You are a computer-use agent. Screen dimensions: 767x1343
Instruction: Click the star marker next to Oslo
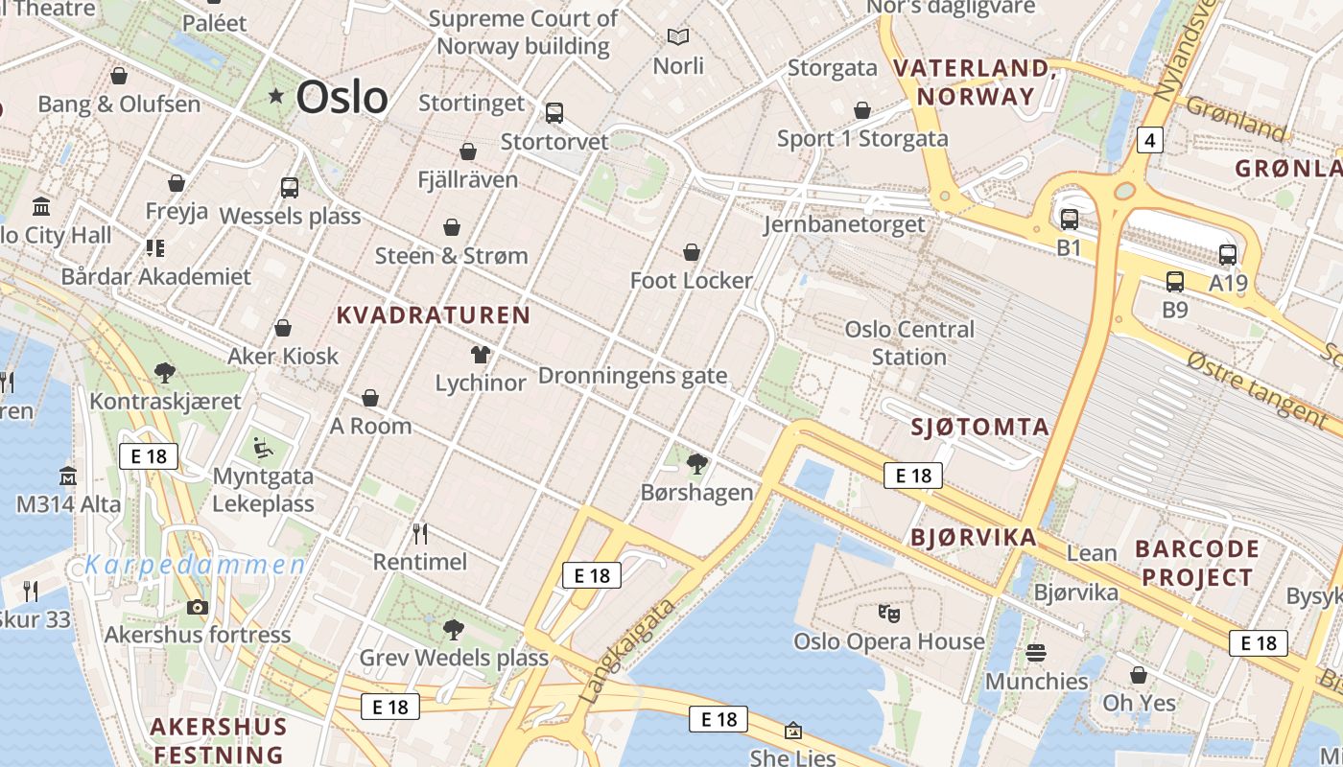(276, 96)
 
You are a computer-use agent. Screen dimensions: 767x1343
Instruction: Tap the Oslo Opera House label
(888, 641)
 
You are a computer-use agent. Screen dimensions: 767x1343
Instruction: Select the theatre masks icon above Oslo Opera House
(888, 612)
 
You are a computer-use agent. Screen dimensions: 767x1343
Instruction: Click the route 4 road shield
(1150, 141)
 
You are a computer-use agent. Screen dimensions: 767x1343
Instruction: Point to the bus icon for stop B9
(1175, 282)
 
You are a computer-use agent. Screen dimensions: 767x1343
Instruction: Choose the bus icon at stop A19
(1227, 255)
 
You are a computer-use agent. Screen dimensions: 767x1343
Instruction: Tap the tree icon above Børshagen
(697, 465)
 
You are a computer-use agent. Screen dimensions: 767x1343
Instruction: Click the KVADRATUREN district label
(434, 315)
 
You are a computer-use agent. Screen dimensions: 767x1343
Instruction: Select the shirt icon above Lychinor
(481, 355)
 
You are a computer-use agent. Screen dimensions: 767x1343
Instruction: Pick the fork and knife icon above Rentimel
(419, 533)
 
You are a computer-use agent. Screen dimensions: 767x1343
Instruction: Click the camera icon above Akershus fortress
(197, 607)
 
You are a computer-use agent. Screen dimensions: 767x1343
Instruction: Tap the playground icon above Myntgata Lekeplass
(262, 447)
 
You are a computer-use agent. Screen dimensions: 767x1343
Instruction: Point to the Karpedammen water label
(196, 565)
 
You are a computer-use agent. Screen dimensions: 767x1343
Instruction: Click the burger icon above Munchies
(1036, 653)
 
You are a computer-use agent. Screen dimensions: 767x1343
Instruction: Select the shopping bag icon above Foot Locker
(691, 253)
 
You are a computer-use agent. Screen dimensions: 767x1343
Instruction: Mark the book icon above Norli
(678, 37)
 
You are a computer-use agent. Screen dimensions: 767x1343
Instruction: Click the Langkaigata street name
(629, 651)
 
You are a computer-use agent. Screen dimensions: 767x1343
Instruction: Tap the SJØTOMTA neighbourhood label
(979, 428)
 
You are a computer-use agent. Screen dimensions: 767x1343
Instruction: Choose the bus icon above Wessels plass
(290, 188)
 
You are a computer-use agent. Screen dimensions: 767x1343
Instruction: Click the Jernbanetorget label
(844, 224)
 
